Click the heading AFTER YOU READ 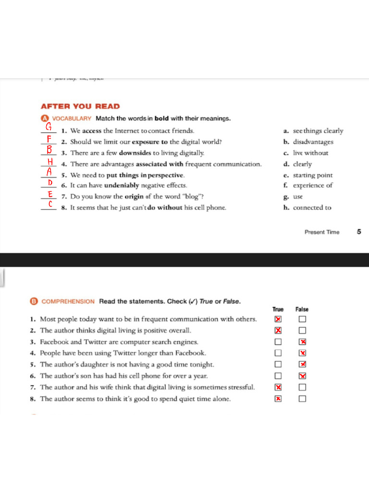click(x=80, y=106)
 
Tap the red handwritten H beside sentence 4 click(x=49, y=161)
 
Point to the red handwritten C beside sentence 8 click(x=50, y=205)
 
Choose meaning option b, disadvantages click(x=313, y=142)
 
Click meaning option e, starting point click(x=312, y=175)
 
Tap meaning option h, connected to click(x=312, y=208)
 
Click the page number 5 click(x=359, y=232)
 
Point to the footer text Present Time click(x=322, y=232)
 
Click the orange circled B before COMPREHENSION click(x=34, y=301)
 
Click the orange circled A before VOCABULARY click(x=45, y=118)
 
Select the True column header click(x=278, y=310)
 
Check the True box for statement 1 click(x=278, y=319)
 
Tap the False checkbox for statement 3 click(x=302, y=342)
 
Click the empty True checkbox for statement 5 click(x=278, y=364)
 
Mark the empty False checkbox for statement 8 click(x=302, y=399)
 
